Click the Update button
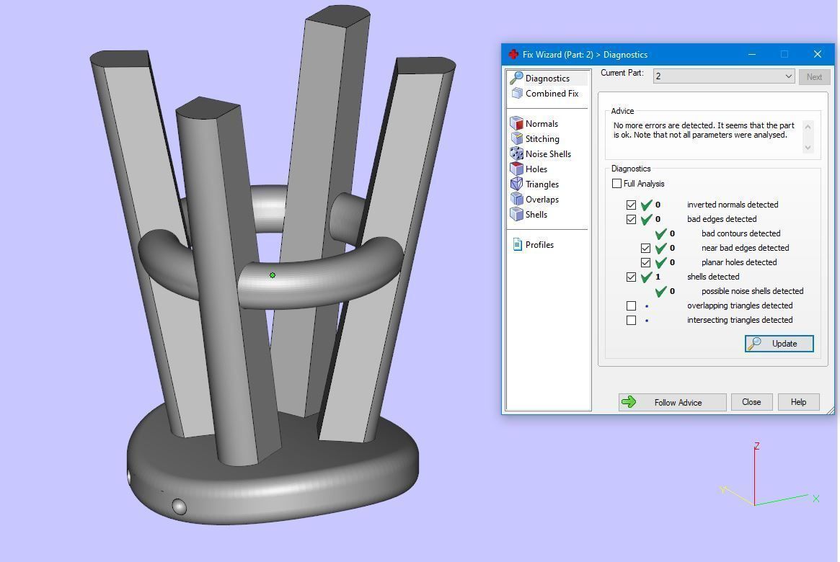pos(779,344)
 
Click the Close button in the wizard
pos(751,402)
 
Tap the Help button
pos(798,402)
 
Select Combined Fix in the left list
pos(552,94)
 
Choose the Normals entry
pos(541,124)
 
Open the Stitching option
pos(542,139)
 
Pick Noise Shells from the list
pos(548,154)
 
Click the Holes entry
pos(536,169)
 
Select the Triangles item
pos(542,184)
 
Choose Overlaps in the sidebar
pos(542,200)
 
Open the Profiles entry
pos(539,245)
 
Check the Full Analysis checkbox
pos(617,184)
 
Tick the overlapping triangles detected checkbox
pos(632,305)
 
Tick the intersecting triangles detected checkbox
pos(632,320)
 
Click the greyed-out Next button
pos(814,76)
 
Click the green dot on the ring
pos(273,275)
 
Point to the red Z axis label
pos(756,446)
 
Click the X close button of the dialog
pos(817,54)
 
